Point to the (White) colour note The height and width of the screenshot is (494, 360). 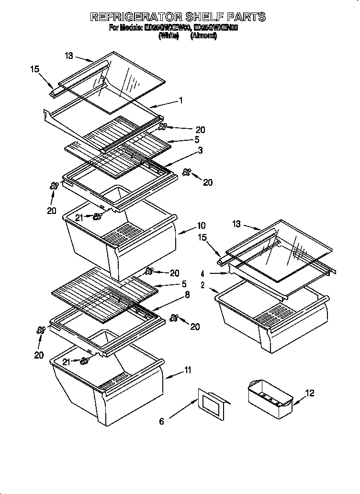pos(169,36)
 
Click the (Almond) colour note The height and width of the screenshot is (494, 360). pos(203,36)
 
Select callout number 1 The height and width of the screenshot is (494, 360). pos(181,100)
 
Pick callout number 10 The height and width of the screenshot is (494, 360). pos(201,225)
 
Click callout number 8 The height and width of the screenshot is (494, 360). pos(187,295)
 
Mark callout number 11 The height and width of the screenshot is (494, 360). pos(188,370)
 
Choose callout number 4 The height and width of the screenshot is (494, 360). pos(203,274)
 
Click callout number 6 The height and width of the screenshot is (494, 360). pos(162,421)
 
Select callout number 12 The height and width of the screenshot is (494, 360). pos(310,393)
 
